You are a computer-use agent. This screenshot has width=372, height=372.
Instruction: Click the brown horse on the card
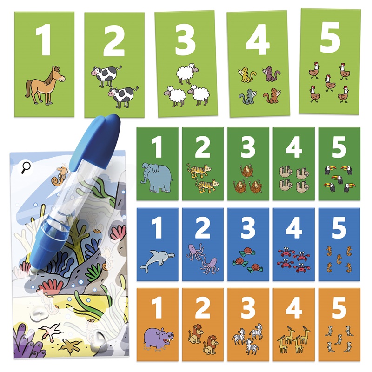pos(45,86)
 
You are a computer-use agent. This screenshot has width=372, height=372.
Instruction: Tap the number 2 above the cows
pos(114,40)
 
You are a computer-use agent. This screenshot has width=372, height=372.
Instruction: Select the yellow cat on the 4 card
pos(247,75)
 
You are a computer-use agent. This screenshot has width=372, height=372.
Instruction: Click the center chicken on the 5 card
pos(330,83)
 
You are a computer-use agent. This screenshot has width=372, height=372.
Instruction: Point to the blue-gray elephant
pos(157,177)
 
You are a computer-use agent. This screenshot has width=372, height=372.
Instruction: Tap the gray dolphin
pos(157,260)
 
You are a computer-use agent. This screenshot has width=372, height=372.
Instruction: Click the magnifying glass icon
pos(26,167)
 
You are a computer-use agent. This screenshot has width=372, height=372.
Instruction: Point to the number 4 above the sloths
pos(294,147)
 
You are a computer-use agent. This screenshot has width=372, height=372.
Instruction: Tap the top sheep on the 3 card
pos(187,73)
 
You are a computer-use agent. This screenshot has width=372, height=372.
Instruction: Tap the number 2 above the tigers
pos(202,147)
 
